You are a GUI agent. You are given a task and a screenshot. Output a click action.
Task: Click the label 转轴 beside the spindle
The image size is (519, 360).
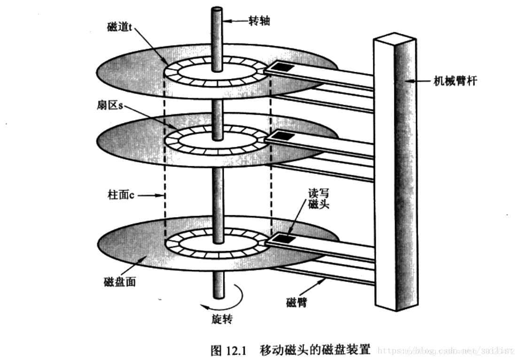click(259, 21)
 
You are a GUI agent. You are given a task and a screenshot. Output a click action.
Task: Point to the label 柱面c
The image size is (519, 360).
click(121, 195)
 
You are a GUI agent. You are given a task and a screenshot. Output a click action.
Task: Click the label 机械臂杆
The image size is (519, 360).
click(455, 81)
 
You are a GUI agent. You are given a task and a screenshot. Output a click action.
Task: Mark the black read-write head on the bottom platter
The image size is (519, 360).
click(283, 239)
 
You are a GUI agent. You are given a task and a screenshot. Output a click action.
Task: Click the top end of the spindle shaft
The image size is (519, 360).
click(217, 10)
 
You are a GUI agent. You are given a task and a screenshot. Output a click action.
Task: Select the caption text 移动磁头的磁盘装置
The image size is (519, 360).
click(315, 350)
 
